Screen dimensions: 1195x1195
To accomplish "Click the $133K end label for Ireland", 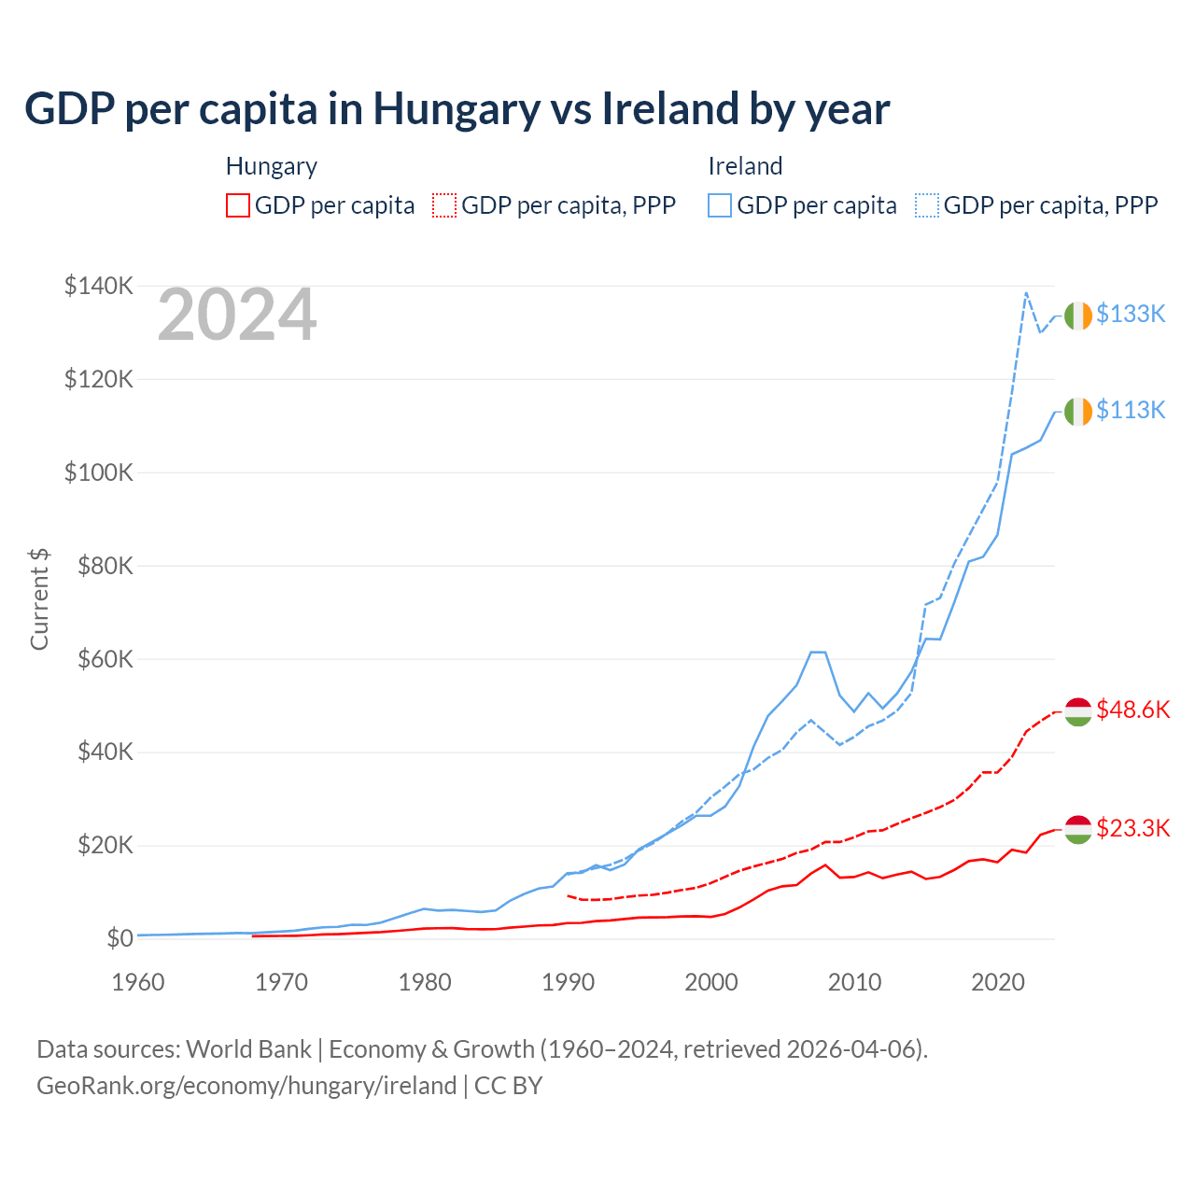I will click(1131, 315).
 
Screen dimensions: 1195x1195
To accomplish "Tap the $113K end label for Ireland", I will click(1131, 411).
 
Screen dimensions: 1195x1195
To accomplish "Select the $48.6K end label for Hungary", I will click(1132, 710).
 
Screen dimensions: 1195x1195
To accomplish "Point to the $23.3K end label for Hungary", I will click(1132, 829).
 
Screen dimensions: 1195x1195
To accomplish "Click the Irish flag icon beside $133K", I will click(1078, 316).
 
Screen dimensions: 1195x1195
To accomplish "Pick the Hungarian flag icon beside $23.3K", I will click(1078, 829).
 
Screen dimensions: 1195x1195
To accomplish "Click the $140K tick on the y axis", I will click(99, 286).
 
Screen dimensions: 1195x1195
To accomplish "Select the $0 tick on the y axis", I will click(119, 938).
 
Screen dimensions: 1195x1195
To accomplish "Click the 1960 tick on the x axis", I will click(138, 982).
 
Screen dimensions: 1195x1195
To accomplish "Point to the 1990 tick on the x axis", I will click(569, 982).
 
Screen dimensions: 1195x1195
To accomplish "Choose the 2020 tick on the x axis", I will click(998, 982).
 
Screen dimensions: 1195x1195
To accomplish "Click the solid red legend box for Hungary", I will click(238, 205).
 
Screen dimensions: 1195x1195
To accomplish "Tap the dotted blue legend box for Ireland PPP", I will click(927, 205).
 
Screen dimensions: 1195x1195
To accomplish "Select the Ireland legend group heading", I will click(745, 166).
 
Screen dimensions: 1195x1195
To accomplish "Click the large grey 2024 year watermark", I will click(237, 316).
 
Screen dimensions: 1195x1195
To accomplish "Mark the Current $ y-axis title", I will click(39, 599).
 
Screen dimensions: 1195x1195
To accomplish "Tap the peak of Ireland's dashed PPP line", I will click(1026, 293).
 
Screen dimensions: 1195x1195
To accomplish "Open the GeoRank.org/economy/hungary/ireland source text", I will click(246, 1086).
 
